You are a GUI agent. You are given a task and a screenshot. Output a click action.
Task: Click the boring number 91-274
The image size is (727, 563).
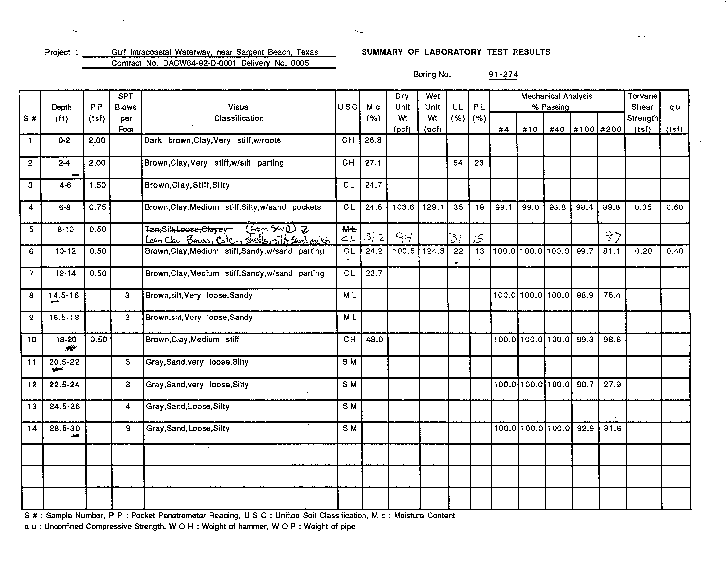503,75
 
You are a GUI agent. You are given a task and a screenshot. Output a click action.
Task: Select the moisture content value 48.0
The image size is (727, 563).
374,339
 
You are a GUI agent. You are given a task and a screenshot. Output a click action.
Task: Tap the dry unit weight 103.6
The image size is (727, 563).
403,207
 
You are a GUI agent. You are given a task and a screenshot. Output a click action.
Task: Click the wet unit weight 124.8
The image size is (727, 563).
433,251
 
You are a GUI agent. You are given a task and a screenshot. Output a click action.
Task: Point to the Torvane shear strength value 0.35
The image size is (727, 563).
643,207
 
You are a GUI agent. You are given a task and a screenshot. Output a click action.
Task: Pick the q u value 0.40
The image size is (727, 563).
675,251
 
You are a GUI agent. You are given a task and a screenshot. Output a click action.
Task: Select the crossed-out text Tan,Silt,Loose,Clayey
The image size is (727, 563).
186,229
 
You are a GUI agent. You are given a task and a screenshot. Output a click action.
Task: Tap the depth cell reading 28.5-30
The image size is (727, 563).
64,428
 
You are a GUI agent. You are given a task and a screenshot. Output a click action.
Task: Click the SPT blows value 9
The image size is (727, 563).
128,428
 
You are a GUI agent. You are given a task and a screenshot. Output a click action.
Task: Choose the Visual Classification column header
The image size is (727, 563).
239,112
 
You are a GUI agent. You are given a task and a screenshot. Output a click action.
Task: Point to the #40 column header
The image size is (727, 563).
557,129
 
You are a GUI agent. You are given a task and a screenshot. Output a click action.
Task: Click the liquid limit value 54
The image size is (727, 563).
458,163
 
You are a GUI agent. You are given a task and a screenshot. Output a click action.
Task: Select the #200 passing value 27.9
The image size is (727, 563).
612,385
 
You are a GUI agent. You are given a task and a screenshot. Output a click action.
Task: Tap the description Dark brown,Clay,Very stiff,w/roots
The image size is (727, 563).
212,140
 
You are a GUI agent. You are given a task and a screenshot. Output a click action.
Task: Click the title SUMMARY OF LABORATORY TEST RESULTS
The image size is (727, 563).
456,52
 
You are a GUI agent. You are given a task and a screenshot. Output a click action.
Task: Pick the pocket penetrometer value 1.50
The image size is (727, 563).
97,185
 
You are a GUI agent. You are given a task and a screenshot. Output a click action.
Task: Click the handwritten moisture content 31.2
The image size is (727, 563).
374,237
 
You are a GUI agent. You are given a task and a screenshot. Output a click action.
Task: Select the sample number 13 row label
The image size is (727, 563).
32,406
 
